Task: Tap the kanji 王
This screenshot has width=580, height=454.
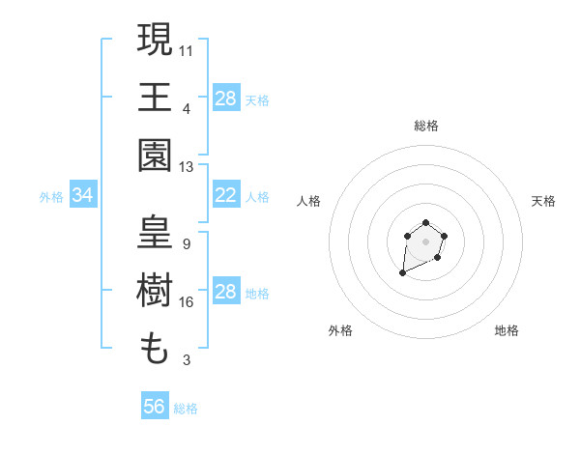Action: pyautogui.click(x=155, y=97)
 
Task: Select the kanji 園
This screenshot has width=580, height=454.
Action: pyautogui.click(x=155, y=155)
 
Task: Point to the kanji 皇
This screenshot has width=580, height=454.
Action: pyautogui.click(x=155, y=234)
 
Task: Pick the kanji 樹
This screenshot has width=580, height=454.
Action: pyautogui.click(x=155, y=292)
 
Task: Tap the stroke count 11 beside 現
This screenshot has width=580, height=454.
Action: pyautogui.click(x=187, y=48)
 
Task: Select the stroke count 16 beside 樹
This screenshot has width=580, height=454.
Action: pyautogui.click(x=187, y=302)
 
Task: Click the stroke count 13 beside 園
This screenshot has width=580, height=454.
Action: pyautogui.click(x=187, y=167)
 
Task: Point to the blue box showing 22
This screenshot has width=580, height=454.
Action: pyautogui.click(x=226, y=195)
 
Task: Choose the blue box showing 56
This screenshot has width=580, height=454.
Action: pyautogui.click(x=155, y=407)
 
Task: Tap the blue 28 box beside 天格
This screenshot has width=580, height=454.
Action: pyautogui.click(x=226, y=99)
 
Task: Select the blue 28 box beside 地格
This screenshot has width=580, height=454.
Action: pyautogui.click(x=226, y=292)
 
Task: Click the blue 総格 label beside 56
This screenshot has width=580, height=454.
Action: pyautogui.click(x=186, y=409)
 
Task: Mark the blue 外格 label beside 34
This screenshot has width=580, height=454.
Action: pyautogui.click(x=51, y=197)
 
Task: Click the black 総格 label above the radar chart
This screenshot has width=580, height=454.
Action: pyautogui.click(x=425, y=126)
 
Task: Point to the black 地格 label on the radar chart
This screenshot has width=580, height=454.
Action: pyautogui.click(x=507, y=330)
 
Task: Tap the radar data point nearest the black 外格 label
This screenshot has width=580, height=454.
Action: pyautogui.click(x=403, y=273)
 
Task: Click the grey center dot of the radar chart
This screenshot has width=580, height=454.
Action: pyautogui.click(x=425, y=242)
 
